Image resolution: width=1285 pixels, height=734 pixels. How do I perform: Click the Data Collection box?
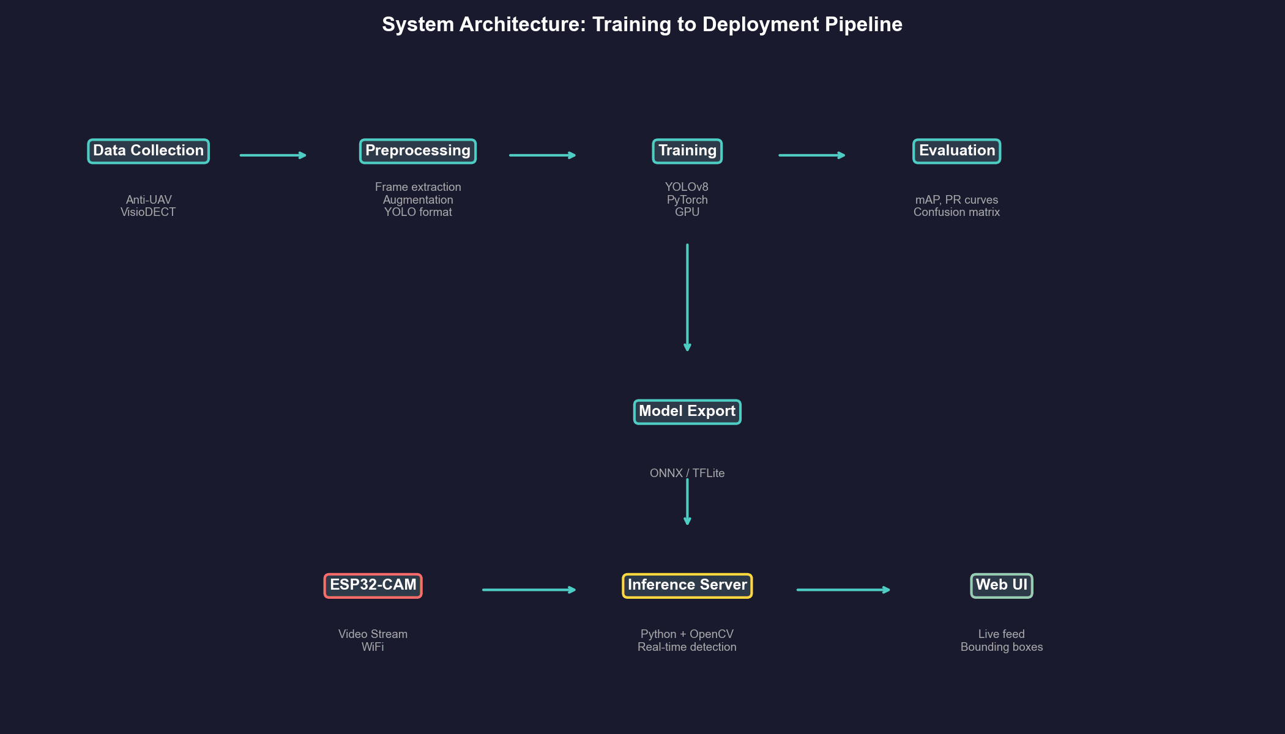click(148, 151)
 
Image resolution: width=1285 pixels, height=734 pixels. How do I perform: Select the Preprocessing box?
click(417, 151)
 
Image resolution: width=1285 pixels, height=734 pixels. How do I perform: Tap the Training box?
click(687, 151)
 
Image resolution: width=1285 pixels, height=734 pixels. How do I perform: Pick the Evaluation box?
click(956, 151)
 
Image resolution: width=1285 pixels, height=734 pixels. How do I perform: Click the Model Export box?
click(687, 412)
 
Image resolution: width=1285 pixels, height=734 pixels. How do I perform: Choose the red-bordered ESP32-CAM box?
click(373, 585)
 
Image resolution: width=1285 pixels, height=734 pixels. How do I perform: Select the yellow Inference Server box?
click(687, 585)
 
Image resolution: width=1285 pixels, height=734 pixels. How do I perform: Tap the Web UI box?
click(1001, 585)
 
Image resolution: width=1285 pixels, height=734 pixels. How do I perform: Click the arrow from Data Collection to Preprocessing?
click(272, 155)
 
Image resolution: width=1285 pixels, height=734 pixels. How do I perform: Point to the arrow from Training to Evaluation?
click(811, 155)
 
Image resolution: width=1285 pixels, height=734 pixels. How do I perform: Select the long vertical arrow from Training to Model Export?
click(687, 297)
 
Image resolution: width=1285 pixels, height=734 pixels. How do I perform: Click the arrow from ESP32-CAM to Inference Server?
click(529, 590)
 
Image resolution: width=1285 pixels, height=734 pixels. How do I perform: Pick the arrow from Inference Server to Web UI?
click(843, 590)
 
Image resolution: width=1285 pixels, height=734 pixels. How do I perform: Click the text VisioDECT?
click(148, 212)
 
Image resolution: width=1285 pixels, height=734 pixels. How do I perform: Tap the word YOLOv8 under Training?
click(687, 187)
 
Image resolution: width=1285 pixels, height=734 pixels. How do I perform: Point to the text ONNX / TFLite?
click(687, 473)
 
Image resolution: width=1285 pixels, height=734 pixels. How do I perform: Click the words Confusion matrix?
click(956, 212)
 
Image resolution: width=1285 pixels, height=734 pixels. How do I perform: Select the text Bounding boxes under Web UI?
click(1001, 647)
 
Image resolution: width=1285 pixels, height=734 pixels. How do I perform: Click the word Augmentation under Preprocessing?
click(418, 200)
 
